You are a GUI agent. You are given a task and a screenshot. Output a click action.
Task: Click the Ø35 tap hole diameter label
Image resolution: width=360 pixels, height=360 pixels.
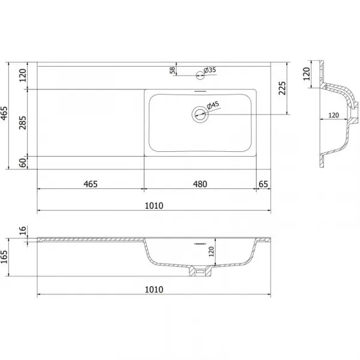click(x=209, y=70)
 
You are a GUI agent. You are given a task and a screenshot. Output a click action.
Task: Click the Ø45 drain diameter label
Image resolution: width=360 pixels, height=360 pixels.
click(x=213, y=105)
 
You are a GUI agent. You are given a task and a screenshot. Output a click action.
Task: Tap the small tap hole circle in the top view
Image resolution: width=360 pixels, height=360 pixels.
click(x=200, y=75)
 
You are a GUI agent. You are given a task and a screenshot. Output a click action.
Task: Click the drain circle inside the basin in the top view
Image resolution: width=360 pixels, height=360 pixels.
click(x=200, y=114)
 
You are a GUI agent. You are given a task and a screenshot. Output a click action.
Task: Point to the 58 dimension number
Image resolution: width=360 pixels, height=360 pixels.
click(x=172, y=70)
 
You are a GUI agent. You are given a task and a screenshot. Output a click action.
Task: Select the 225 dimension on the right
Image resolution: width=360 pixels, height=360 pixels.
click(x=282, y=88)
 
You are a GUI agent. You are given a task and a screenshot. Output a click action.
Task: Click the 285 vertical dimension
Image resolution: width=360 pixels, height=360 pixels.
click(x=23, y=123)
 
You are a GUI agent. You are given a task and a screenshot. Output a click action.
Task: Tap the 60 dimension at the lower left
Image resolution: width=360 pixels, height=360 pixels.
click(x=23, y=163)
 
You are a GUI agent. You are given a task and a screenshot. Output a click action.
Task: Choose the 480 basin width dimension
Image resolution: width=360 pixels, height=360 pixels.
click(x=200, y=184)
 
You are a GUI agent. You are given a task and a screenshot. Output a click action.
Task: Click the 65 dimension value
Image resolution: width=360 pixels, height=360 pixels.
click(x=263, y=184)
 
